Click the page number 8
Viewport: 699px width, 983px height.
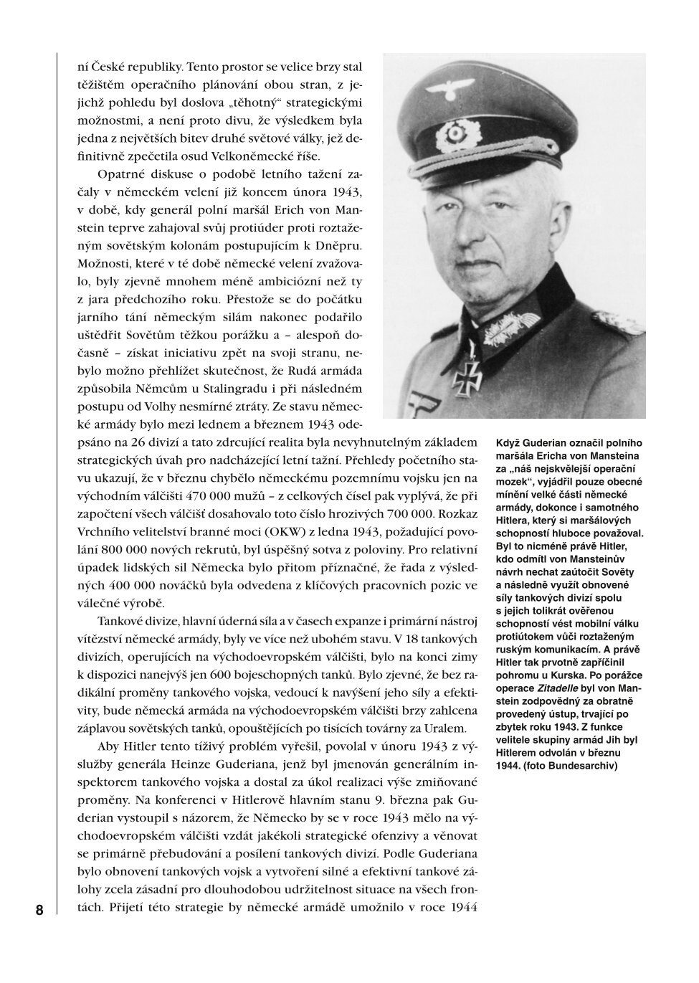coord(39,911)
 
